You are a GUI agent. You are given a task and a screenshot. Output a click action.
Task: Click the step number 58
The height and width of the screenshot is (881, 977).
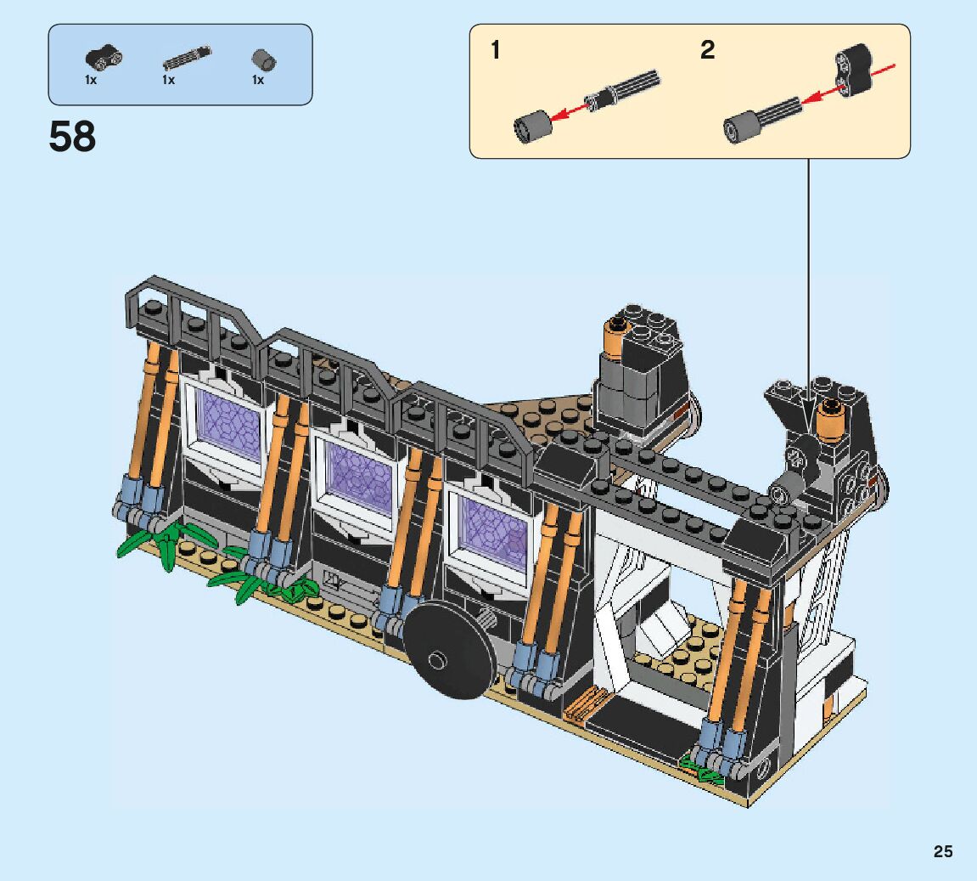tap(72, 137)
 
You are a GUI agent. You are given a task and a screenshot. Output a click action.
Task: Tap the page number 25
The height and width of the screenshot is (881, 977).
tap(943, 851)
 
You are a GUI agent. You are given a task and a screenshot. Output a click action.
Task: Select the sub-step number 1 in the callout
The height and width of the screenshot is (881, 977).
tap(496, 50)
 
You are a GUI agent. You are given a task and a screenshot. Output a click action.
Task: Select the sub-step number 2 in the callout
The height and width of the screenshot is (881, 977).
tap(707, 50)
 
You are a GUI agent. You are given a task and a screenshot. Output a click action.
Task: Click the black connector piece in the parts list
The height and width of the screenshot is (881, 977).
tap(104, 57)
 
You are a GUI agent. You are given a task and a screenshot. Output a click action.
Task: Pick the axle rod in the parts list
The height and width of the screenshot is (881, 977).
tap(187, 58)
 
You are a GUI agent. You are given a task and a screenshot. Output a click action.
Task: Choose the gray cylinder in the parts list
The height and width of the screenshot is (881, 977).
tap(264, 60)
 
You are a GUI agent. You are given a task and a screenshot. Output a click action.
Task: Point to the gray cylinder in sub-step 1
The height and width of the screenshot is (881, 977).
tap(532, 127)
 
